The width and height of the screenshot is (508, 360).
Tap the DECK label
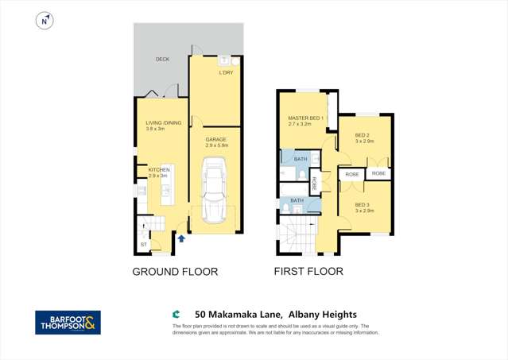point(162,59)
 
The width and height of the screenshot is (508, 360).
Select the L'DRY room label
point(226,73)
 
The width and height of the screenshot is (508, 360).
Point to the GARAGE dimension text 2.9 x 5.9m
point(216,145)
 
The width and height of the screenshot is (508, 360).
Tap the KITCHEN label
point(149,169)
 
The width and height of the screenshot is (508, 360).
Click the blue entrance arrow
point(182,238)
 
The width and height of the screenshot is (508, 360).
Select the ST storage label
point(143,244)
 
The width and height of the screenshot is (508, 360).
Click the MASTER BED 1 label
point(305,118)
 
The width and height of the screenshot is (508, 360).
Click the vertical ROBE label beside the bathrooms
point(314,184)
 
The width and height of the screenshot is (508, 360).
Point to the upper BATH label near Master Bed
point(301,159)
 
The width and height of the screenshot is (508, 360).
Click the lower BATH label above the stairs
point(297,200)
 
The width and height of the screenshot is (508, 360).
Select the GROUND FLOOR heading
point(175,272)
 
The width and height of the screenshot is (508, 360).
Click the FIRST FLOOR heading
point(308,272)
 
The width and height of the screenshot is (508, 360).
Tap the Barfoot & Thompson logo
point(68,322)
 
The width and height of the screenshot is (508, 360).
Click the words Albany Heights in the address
point(335,315)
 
